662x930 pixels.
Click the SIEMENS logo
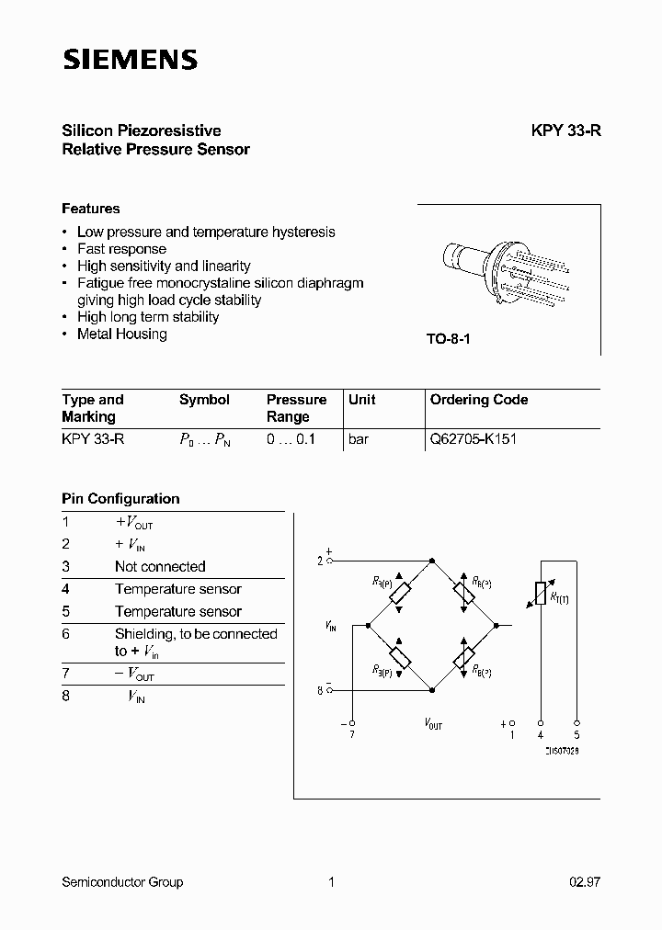(x=130, y=61)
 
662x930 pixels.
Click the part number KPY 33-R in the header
(x=565, y=130)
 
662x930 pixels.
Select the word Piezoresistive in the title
(x=176, y=130)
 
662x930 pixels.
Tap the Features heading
(x=90, y=209)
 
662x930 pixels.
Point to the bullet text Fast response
(x=121, y=249)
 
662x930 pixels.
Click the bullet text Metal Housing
(x=121, y=335)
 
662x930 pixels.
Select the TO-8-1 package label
(x=448, y=339)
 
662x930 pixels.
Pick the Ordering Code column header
(x=478, y=400)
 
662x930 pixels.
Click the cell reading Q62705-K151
(x=473, y=439)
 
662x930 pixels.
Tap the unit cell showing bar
(x=359, y=439)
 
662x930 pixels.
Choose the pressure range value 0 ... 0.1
(x=291, y=439)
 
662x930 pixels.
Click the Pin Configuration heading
(x=120, y=499)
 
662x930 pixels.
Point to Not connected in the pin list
(x=160, y=567)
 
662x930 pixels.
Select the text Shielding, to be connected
(x=196, y=634)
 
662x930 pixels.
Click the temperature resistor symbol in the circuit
(x=539, y=595)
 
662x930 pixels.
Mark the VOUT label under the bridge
(x=433, y=725)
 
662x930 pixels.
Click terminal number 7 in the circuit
(x=351, y=733)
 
